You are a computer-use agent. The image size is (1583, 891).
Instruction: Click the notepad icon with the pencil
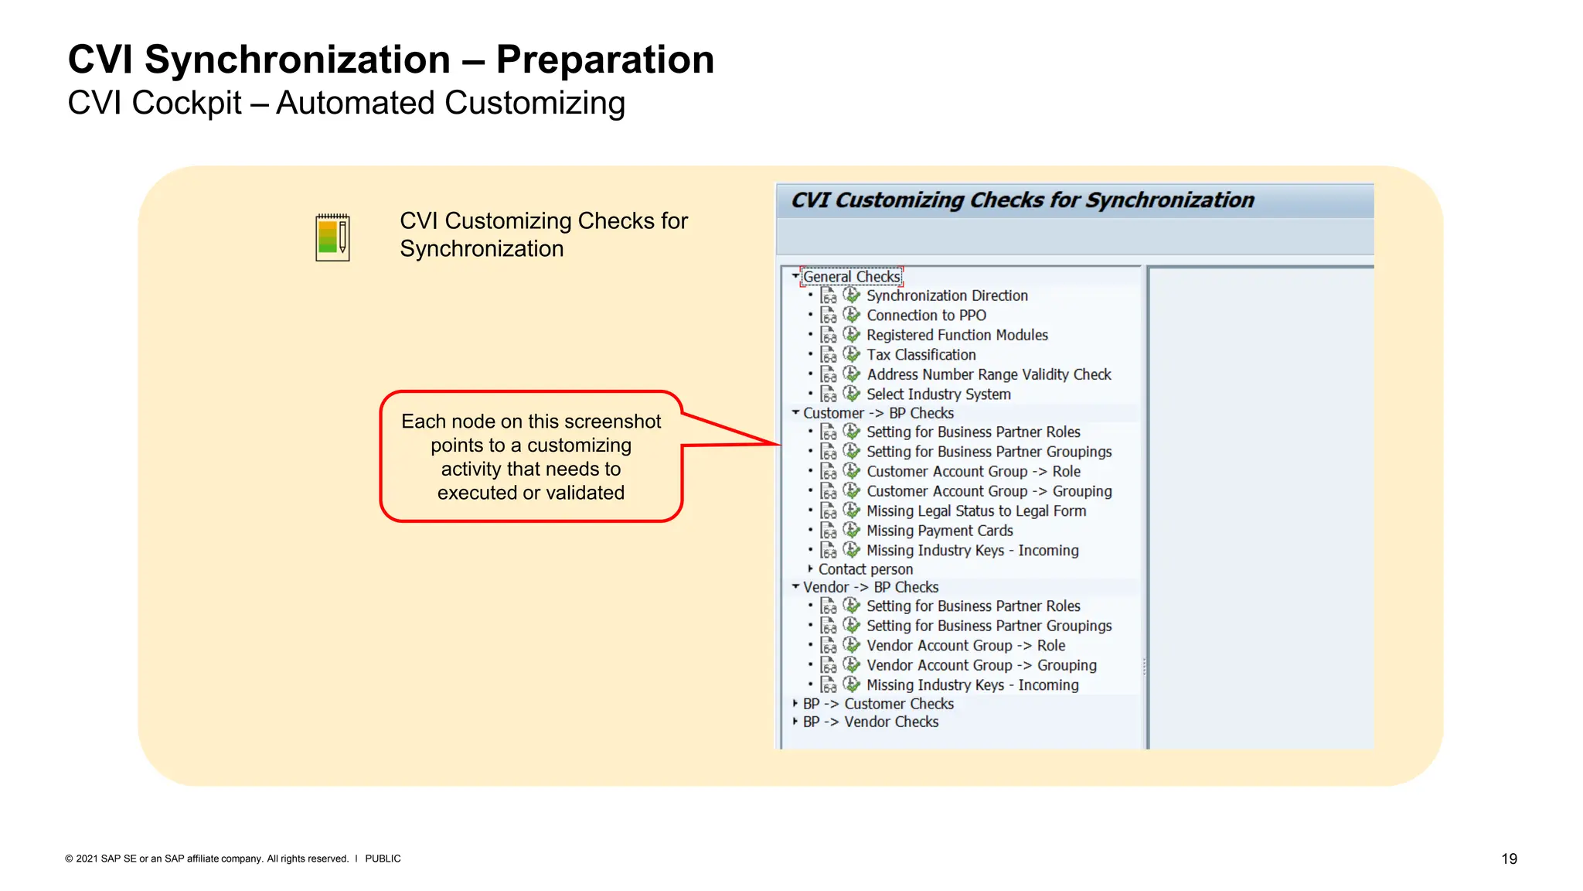[333, 237]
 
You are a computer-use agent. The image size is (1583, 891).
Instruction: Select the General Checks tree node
[851, 277]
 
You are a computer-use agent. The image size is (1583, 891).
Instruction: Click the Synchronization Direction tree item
[947, 296]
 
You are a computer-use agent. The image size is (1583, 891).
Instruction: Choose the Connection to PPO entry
[926, 316]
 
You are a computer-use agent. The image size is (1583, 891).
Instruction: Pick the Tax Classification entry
[921, 355]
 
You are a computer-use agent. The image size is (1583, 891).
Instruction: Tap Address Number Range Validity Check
[989, 375]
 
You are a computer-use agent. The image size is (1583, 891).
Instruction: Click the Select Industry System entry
[938, 394]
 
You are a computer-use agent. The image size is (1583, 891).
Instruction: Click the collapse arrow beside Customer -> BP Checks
[795, 413]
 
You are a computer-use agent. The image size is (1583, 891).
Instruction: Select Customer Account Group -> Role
[973, 472]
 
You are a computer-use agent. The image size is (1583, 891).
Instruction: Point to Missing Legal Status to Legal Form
[976, 511]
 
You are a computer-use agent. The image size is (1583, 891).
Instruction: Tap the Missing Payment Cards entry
[939, 531]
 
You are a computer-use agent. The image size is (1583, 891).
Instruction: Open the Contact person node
[865, 570]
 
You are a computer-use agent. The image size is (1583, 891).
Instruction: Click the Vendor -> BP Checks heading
[870, 588]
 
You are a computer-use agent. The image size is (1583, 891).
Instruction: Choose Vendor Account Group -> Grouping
[981, 666]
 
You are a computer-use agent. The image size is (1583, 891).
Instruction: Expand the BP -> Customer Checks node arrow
[795, 704]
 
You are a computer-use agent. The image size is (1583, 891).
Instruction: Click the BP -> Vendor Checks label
[870, 722]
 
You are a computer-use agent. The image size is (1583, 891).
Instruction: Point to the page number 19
[1509, 859]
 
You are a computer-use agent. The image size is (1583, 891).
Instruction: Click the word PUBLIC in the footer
[383, 859]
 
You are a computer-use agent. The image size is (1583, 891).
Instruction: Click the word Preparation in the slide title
[605, 60]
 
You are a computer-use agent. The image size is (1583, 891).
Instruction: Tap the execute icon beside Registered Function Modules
[851, 335]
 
